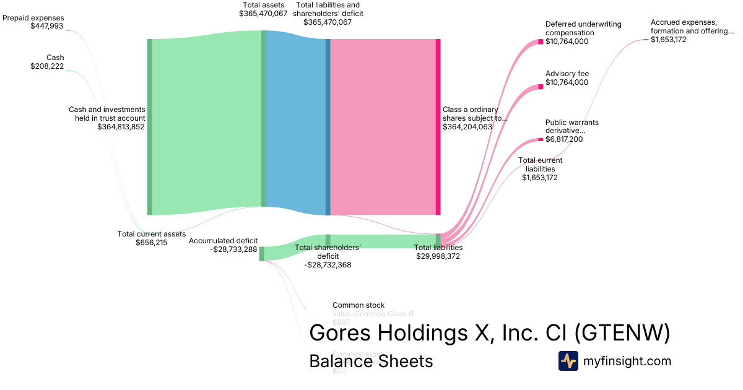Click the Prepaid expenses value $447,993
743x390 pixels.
(46, 27)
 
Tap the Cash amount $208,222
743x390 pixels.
(47, 66)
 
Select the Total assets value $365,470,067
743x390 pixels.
(263, 13)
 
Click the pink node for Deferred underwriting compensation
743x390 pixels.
(541, 41)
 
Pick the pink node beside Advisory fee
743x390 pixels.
(541, 87)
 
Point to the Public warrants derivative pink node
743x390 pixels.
(541, 139)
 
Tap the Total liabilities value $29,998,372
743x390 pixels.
(438, 256)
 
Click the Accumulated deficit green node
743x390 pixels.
(261, 254)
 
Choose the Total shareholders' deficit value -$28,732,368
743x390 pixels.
(328, 265)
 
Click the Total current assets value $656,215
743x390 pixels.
(151, 243)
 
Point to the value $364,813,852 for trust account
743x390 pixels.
(121, 127)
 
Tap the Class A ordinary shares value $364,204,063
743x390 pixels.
(467, 127)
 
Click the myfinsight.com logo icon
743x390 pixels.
(568, 361)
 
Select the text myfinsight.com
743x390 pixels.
(627, 361)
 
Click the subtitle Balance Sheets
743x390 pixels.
(371, 361)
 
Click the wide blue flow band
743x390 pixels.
(296, 124)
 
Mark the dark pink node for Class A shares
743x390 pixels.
(438, 127)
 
